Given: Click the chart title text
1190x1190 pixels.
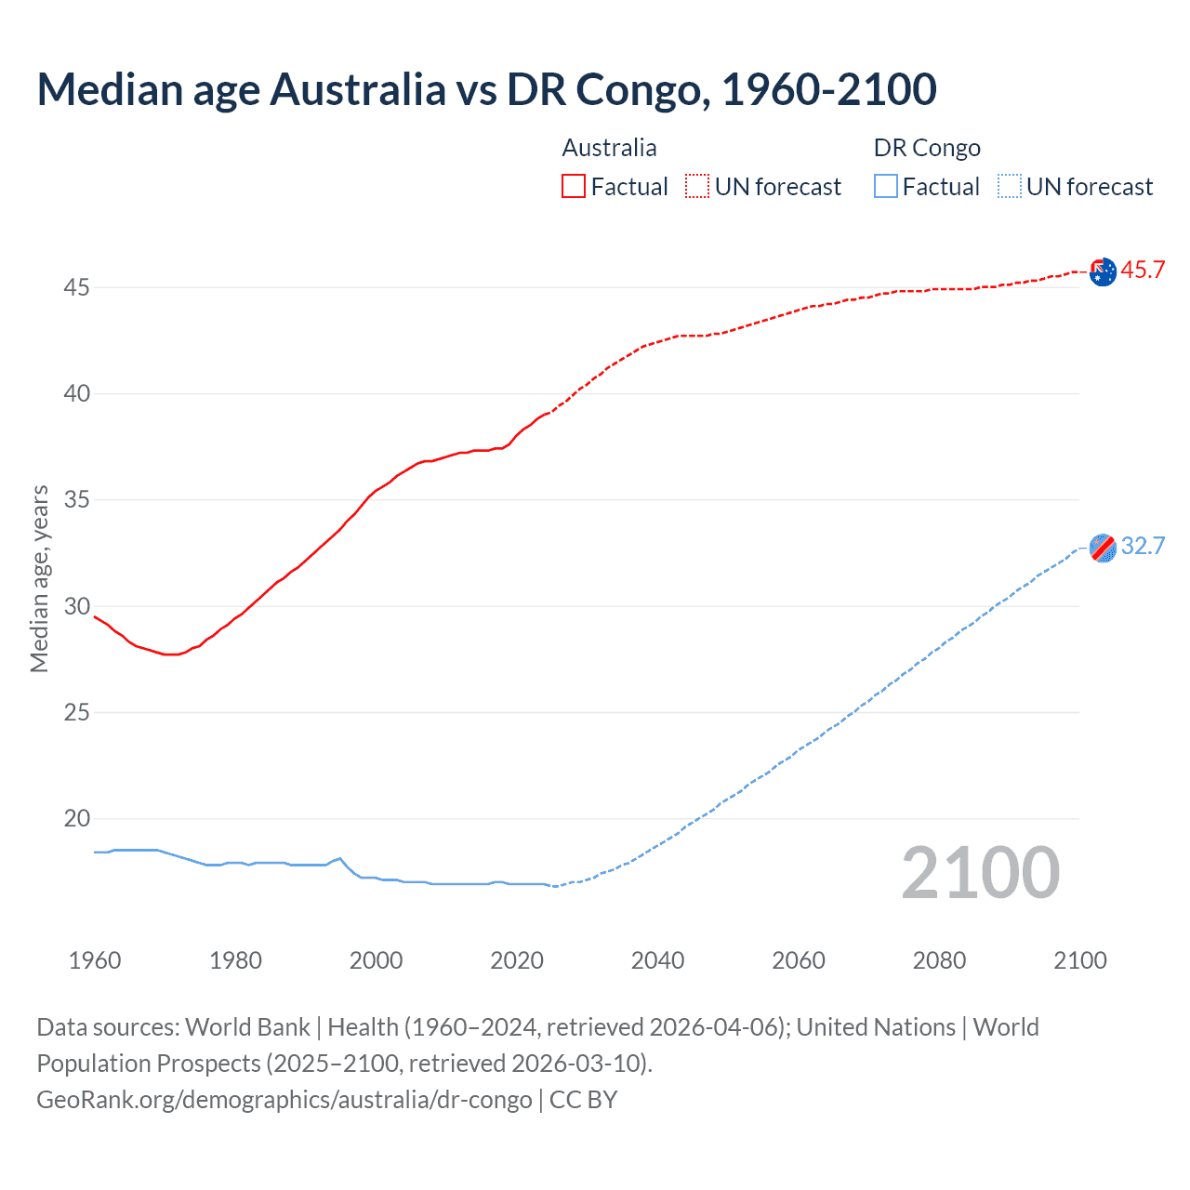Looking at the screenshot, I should (x=486, y=89).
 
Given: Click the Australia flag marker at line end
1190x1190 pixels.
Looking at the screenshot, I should (x=1103, y=272).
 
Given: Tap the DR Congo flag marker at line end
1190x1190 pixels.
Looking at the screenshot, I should (x=1103, y=549).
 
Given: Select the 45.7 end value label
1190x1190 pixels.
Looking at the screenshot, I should (x=1143, y=271).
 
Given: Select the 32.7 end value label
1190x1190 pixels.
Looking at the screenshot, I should (x=1143, y=547).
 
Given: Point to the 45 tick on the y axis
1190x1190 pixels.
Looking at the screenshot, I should (x=76, y=288).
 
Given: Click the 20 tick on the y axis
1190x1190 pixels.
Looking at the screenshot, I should (x=76, y=819).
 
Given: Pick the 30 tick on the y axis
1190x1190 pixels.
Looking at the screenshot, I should (x=76, y=607).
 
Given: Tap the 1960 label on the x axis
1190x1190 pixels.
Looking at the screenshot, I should (x=95, y=960).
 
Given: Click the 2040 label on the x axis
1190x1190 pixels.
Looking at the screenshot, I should (x=657, y=960).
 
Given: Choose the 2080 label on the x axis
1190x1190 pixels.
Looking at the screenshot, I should (x=939, y=960).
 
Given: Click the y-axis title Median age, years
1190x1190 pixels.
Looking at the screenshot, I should (x=39, y=578).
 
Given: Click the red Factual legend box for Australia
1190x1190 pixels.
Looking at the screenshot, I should (x=574, y=187).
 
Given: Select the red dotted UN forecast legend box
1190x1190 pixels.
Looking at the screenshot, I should (x=697, y=187).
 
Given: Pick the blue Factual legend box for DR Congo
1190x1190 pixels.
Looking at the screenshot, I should (x=886, y=187).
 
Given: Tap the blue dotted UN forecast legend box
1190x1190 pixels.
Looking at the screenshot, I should (x=1010, y=187).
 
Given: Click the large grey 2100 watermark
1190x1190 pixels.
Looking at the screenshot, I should (x=980, y=873).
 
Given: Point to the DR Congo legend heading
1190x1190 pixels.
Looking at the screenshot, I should (x=927, y=148).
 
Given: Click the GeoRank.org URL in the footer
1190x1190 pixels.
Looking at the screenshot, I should (x=284, y=1100).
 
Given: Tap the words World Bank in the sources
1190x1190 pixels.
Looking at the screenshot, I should (x=247, y=1027).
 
